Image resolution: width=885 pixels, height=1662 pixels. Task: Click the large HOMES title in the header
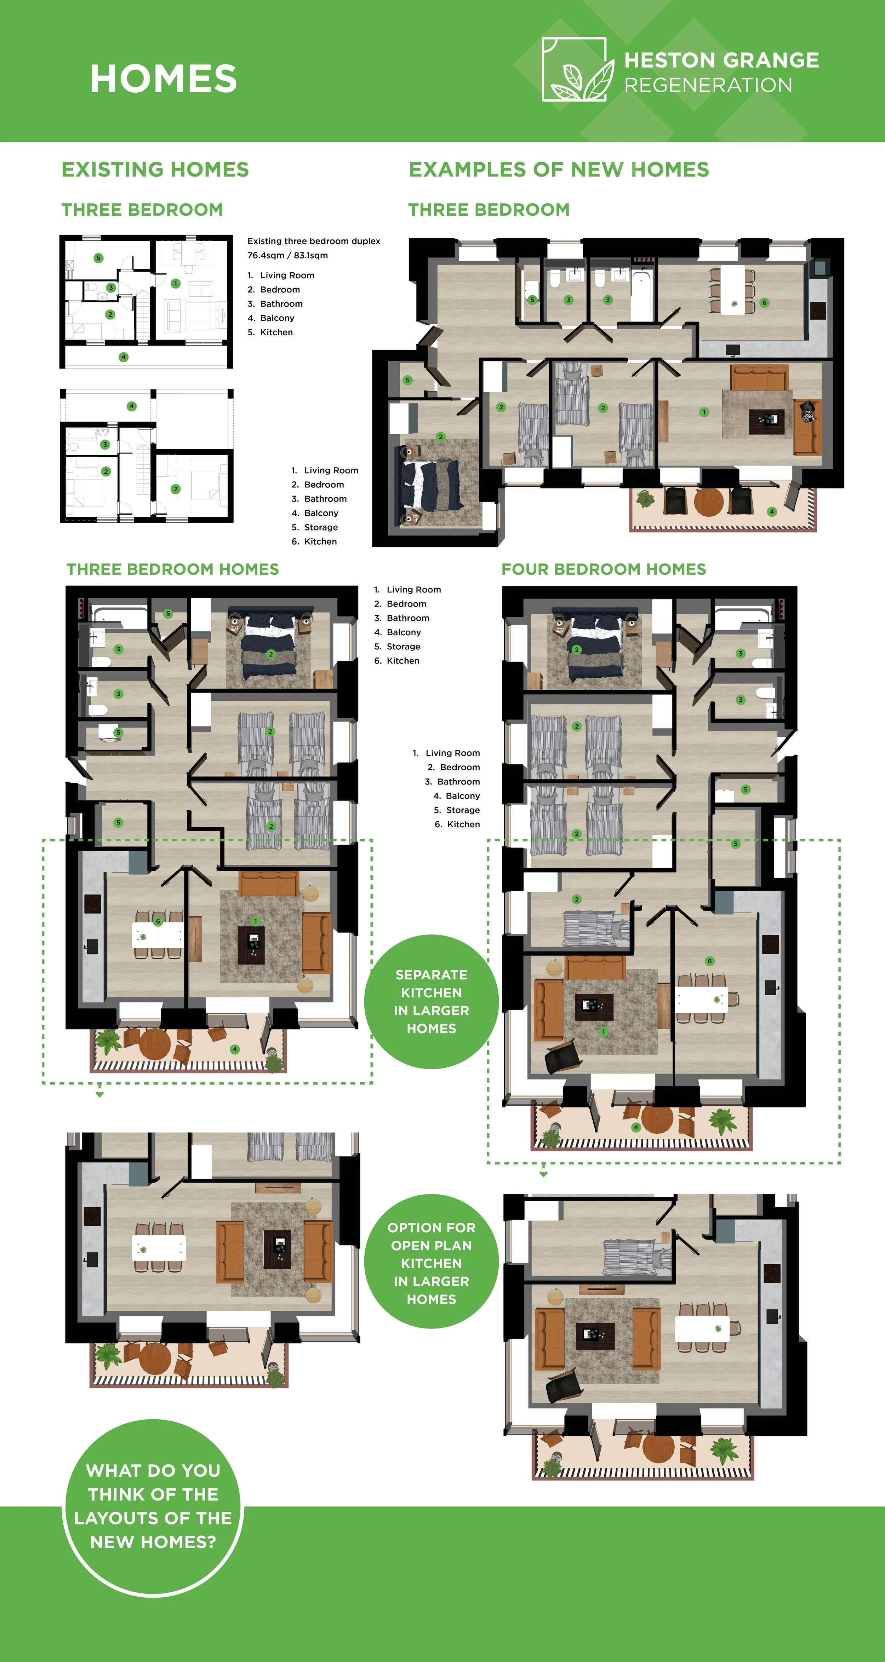click(163, 79)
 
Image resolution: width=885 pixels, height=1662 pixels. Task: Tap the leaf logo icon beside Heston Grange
click(575, 70)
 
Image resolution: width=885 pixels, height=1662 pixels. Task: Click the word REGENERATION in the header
click(708, 85)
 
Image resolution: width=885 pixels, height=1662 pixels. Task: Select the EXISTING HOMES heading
click(155, 170)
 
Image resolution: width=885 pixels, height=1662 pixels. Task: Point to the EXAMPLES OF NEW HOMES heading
click(559, 170)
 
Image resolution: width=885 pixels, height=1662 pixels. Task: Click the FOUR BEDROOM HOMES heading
click(604, 569)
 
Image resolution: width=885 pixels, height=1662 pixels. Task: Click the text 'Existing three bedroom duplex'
click(314, 241)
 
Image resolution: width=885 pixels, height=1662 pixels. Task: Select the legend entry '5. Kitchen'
click(270, 332)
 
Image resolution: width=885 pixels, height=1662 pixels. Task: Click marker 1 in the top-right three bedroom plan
click(704, 412)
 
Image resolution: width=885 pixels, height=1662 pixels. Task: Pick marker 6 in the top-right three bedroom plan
click(764, 303)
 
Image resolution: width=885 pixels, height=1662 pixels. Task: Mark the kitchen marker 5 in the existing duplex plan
click(98, 258)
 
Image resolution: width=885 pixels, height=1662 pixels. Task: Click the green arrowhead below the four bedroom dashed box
click(543, 1174)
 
